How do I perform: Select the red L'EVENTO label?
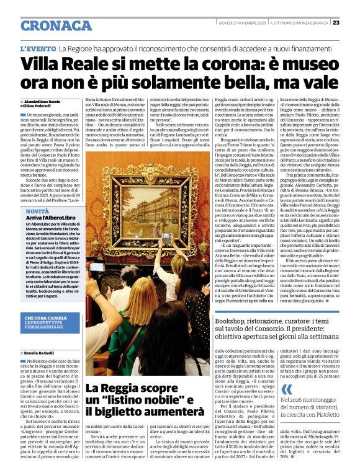click(x=38, y=48)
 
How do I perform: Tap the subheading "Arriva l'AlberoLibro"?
click(x=51, y=219)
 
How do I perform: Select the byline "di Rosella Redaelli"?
click(x=38, y=352)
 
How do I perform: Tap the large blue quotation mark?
click(x=286, y=389)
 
